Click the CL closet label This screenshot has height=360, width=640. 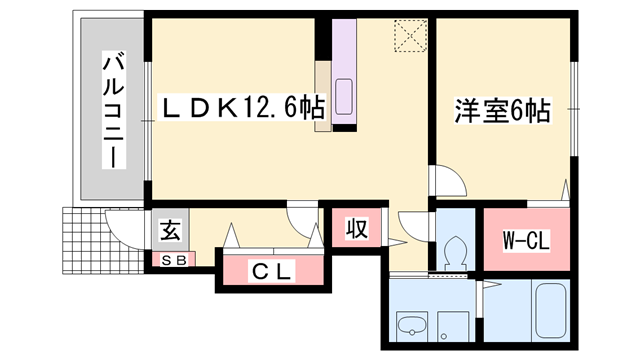pyautogui.click(x=271, y=270)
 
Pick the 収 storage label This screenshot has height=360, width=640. pyautogui.click(x=355, y=229)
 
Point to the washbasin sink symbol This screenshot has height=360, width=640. pyautogui.click(x=410, y=326)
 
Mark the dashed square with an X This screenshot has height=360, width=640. pyautogui.click(x=410, y=38)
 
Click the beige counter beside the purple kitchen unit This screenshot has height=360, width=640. pyautogui.click(x=323, y=96)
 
